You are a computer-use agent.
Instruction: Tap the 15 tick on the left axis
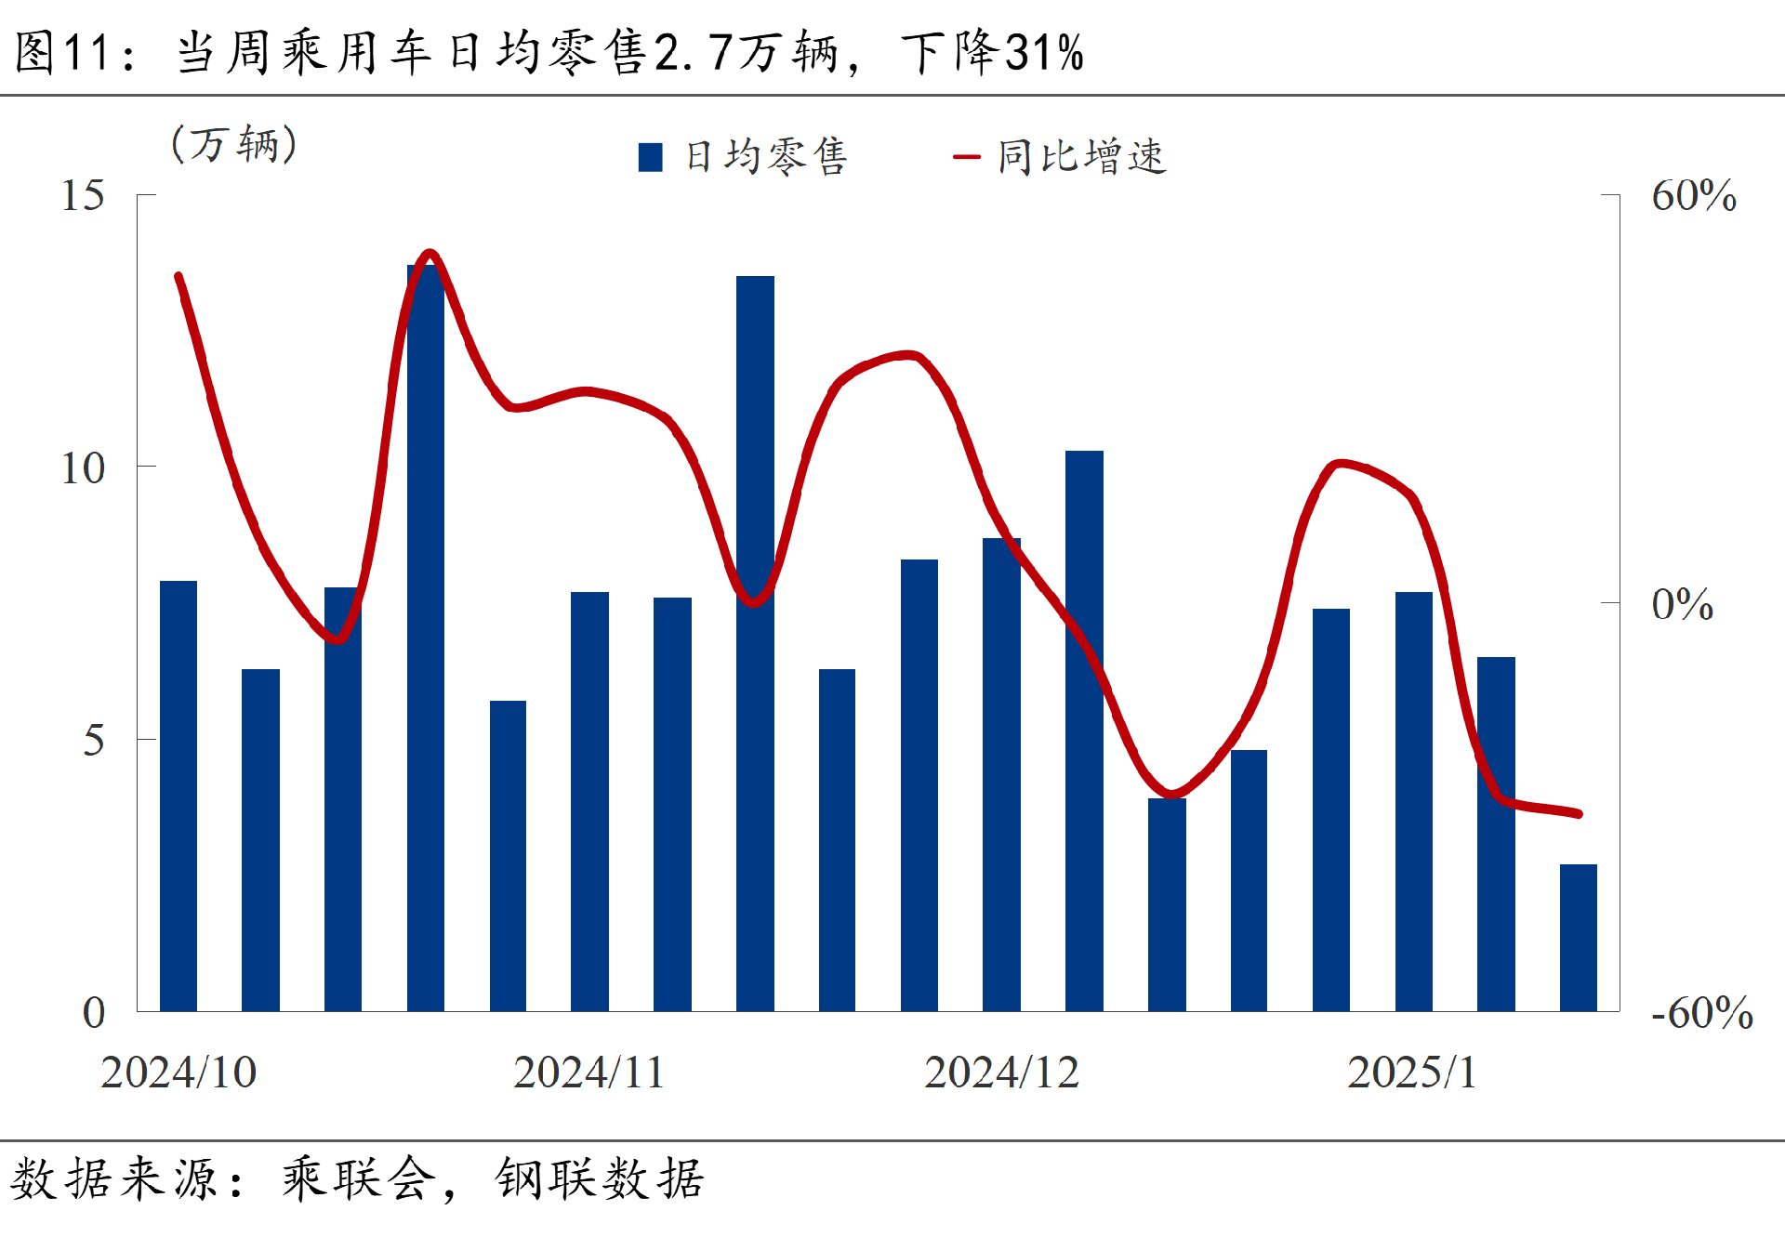pos(83,196)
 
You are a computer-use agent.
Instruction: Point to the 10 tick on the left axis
pos(83,468)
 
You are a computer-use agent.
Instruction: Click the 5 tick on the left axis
pos(93,741)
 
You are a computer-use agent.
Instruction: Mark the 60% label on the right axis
pos(1693,196)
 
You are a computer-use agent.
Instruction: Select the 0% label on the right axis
pos(1682,605)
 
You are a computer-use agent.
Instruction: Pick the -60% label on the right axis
pos(1701,1013)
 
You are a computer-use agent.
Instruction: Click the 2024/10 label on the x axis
pos(178,1073)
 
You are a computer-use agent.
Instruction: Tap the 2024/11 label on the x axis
pos(589,1073)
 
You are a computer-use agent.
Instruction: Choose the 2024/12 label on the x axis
pos(1001,1073)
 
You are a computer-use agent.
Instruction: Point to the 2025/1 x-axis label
pos(1411,1073)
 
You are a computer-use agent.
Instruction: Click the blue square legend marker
pos(651,157)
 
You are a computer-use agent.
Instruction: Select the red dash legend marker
pos(966,157)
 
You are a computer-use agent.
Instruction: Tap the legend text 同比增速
pos(1081,157)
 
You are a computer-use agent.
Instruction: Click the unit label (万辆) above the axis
pos(234,145)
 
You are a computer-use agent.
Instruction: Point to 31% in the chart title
pos(1044,52)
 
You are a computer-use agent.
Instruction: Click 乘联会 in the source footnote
pos(359,1179)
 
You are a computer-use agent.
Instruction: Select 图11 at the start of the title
pos(63,52)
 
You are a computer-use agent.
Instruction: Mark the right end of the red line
pos(1579,813)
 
